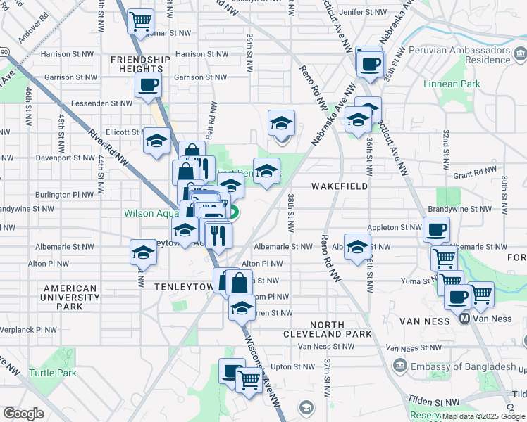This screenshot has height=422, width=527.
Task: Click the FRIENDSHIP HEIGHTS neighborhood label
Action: pyautogui.click(x=140, y=64)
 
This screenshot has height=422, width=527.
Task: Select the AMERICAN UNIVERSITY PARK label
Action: pyautogui.click(x=70, y=298)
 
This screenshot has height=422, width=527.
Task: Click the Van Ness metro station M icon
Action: pyautogui.click(x=464, y=319)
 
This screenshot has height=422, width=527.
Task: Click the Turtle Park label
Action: pyautogui.click(x=53, y=373)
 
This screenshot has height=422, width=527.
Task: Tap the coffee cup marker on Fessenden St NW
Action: pyautogui.click(x=148, y=86)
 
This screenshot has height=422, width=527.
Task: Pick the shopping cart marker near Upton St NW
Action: pyautogui.click(x=249, y=380)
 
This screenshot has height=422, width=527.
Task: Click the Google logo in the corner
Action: pyautogui.click(x=23, y=414)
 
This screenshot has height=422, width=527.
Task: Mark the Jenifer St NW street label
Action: pyautogui.click(x=363, y=13)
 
